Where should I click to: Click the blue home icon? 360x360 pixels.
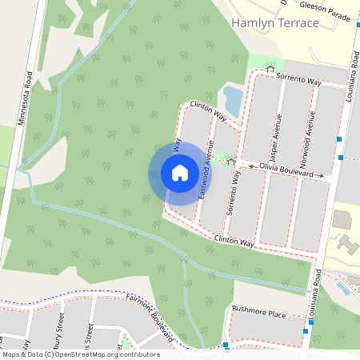click(180, 173)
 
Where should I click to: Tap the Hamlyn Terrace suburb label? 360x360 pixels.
click(274, 23)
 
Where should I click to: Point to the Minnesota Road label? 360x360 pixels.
click(23, 99)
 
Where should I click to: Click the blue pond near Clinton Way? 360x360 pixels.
click(232, 100)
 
